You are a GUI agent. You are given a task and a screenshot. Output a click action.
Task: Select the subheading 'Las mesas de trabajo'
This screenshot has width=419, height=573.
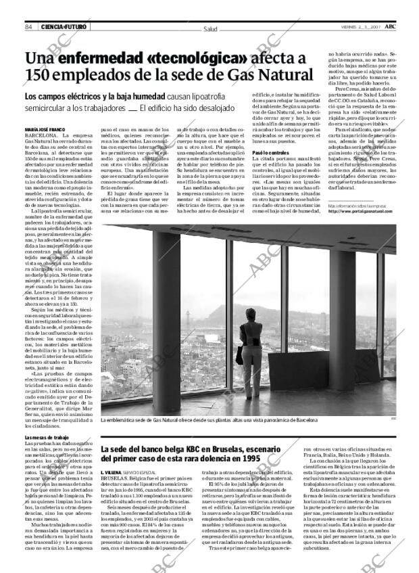pyautogui.click(x=46, y=438)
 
